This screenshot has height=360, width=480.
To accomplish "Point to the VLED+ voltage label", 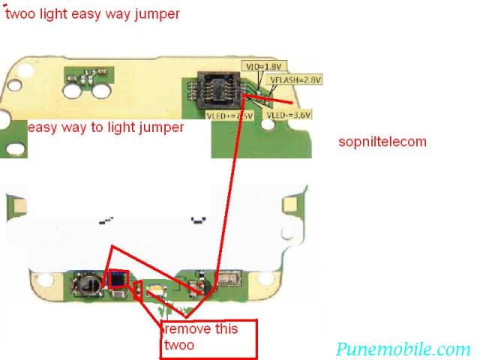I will click(231, 116).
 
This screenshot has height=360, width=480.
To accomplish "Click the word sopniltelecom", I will click(382, 141).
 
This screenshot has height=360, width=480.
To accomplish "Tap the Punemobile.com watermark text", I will click(403, 349).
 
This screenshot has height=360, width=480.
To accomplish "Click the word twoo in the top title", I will click(20, 14).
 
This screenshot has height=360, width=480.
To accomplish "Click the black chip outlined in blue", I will click(118, 280).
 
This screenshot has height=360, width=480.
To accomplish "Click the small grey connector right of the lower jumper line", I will click(227, 279).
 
